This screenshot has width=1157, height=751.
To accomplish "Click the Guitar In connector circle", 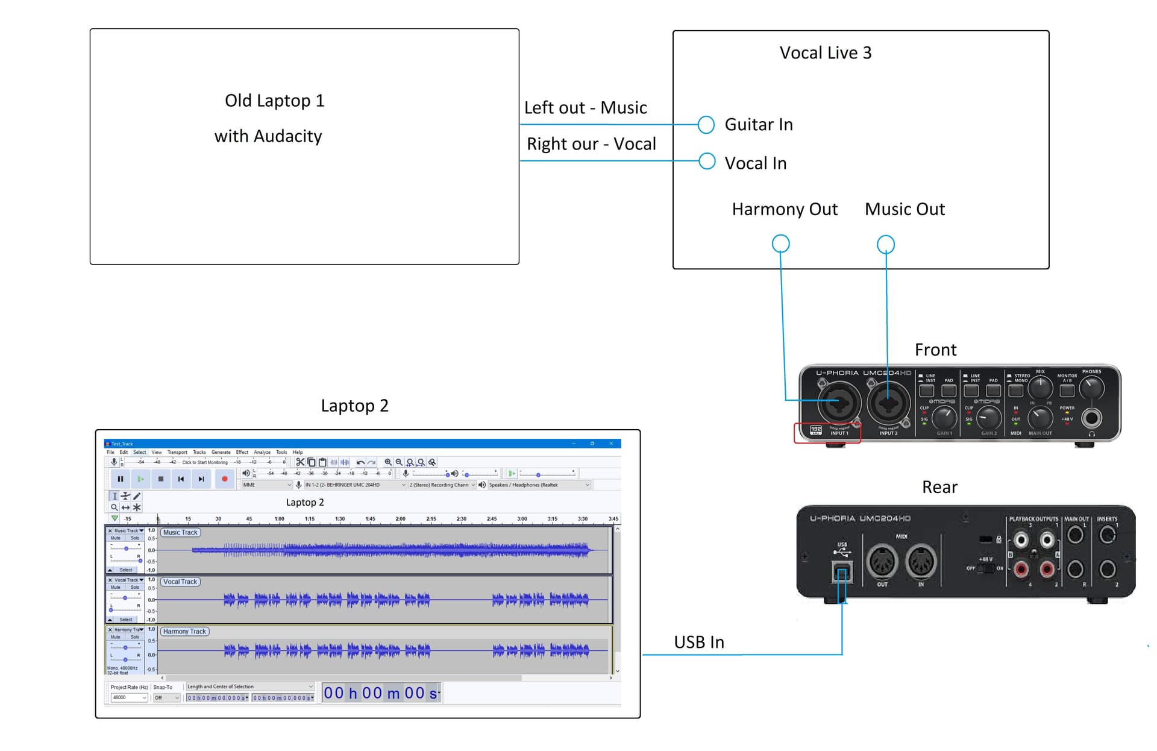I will (x=706, y=125).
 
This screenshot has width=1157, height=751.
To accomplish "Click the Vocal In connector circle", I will (x=706, y=162).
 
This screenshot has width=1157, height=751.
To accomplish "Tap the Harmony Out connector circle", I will (x=780, y=244).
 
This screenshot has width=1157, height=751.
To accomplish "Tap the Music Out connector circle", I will (x=885, y=244).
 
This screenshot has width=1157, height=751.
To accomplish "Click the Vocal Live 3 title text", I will (x=825, y=53).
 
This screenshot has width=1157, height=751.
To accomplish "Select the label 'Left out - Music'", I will (x=585, y=108).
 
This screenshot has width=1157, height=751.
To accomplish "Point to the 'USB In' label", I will (x=698, y=643).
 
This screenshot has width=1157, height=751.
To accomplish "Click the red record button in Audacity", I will (x=225, y=479).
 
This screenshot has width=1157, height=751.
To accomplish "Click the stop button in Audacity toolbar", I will (x=161, y=479).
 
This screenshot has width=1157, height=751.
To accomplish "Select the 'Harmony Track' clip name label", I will (x=184, y=632).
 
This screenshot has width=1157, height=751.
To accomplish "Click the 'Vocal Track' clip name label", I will (x=180, y=582).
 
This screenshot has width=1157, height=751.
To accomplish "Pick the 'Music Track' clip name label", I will (x=180, y=533).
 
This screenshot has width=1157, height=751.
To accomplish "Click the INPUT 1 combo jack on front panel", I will (x=838, y=403).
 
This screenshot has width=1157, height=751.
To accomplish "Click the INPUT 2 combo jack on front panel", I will (x=888, y=403).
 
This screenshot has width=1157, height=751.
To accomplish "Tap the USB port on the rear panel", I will (x=842, y=572).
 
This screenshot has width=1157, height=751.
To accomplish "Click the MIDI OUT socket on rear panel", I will (x=882, y=562).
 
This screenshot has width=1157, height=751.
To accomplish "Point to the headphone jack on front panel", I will (x=1091, y=418).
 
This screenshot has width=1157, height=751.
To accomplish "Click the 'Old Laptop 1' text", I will (x=274, y=101).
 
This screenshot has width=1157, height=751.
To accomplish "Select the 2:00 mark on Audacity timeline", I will (x=400, y=519).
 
